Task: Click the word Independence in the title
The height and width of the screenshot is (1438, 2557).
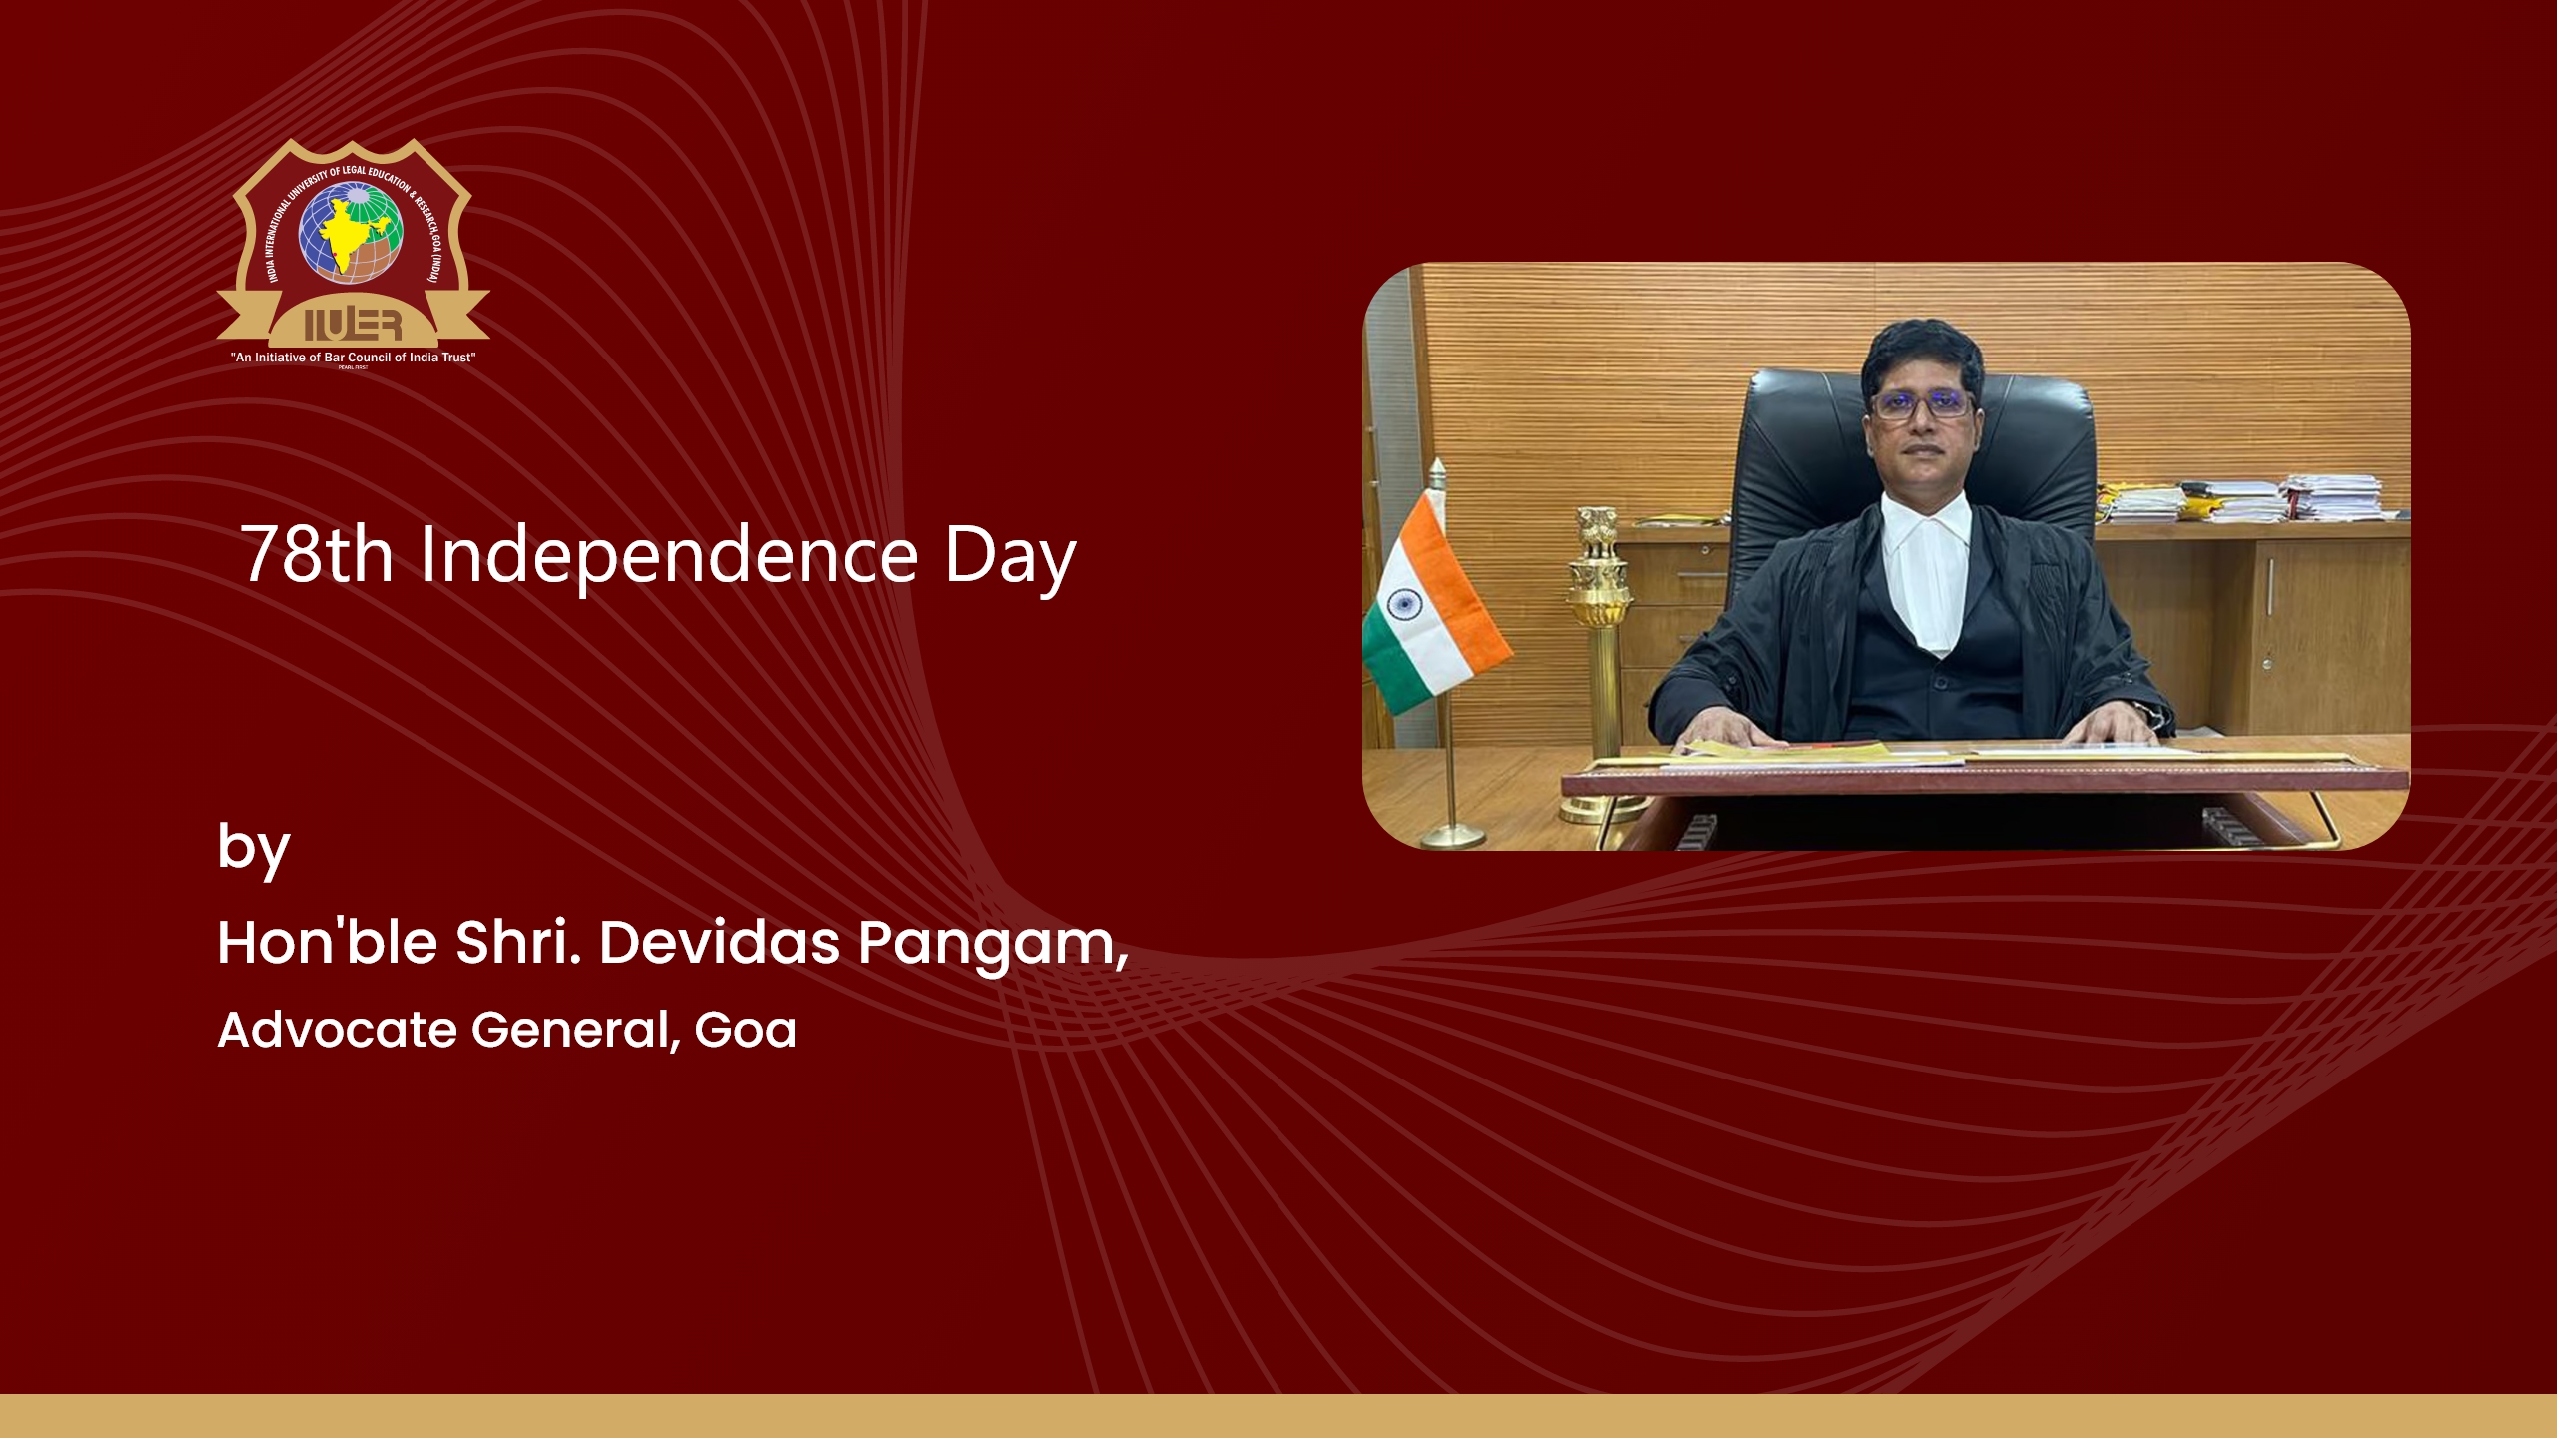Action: [x=668, y=555]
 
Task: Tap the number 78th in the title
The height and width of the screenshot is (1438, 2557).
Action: [x=317, y=555]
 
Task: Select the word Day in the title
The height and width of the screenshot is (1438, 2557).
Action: [x=1010, y=559]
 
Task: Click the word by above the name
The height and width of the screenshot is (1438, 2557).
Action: [x=253, y=849]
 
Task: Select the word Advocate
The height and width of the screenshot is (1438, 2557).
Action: [x=337, y=1030]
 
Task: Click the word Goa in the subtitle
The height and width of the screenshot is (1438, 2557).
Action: [x=745, y=1030]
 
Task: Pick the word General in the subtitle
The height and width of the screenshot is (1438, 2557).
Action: [x=575, y=1030]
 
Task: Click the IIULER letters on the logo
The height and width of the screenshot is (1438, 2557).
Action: [x=353, y=325]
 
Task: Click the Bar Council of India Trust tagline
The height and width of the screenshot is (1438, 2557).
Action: [x=353, y=358]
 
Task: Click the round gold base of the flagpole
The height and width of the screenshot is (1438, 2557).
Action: [x=1453, y=836]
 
